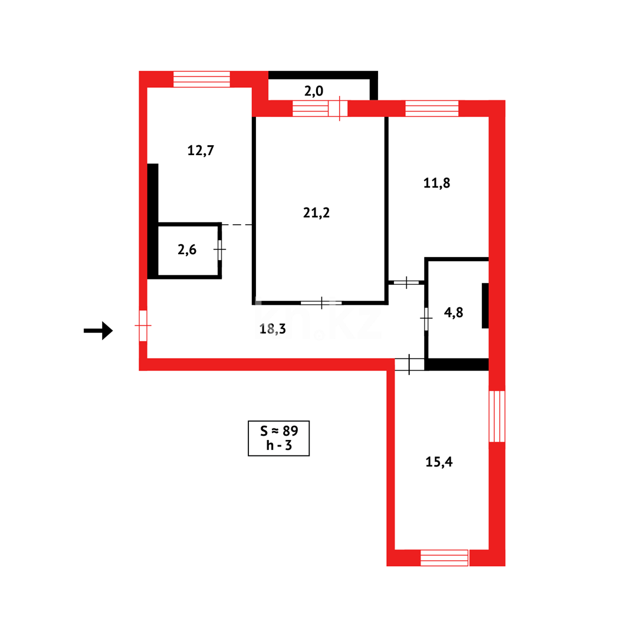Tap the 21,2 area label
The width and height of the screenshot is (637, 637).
pyautogui.click(x=316, y=213)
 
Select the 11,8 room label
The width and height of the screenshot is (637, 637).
pyautogui.click(x=436, y=183)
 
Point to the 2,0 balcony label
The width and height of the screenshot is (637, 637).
pyautogui.click(x=313, y=91)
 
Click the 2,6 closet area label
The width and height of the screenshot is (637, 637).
pyautogui.click(x=187, y=249)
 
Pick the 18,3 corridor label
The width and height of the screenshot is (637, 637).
pyautogui.click(x=272, y=329)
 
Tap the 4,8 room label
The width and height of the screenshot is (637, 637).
pyautogui.click(x=454, y=313)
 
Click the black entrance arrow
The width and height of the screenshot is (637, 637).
pyautogui.click(x=98, y=330)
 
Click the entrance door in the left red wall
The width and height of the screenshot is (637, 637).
pyautogui.click(x=143, y=325)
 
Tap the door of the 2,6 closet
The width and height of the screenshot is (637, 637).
pyautogui.click(x=219, y=249)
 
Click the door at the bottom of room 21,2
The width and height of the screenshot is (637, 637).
pyautogui.click(x=321, y=303)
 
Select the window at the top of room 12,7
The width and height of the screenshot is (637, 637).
pyautogui.click(x=202, y=79)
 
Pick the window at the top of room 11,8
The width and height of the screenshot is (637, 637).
pyautogui.click(x=432, y=109)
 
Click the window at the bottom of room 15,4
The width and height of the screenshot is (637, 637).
pyautogui.click(x=444, y=557)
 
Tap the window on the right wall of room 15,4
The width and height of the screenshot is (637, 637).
pyautogui.click(x=497, y=416)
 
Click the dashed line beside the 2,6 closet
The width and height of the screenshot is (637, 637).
pyautogui.click(x=237, y=225)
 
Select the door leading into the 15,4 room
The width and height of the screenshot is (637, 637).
pyautogui.click(x=409, y=364)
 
